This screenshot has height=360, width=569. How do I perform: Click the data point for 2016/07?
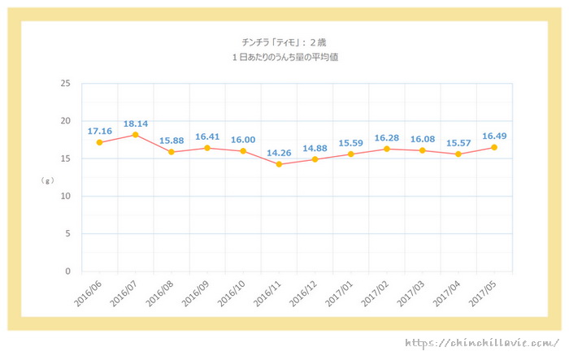(135, 135)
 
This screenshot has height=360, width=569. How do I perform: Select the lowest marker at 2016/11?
(279, 164)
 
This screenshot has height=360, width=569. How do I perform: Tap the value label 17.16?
(99, 130)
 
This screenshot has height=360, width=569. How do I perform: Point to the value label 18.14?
(135, 124)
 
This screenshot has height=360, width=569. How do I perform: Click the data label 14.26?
(279, 152)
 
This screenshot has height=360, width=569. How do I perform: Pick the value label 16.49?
(493, 137)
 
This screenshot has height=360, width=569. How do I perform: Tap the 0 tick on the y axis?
(67, 271)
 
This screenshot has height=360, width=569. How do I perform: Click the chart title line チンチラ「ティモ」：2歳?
(279, 42)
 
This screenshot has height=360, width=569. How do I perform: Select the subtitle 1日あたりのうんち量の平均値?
(279, 57)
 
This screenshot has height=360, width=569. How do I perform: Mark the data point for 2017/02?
(386, 149)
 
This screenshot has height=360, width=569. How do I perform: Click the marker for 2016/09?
(207, 148)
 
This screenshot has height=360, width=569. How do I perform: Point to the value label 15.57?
(458, 143)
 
